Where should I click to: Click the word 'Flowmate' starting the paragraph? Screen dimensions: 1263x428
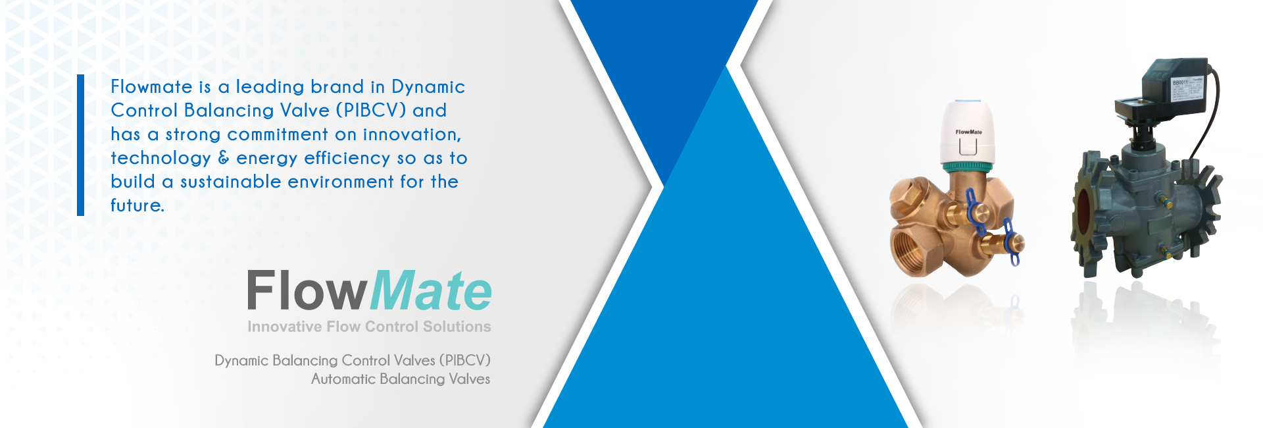(151, 87)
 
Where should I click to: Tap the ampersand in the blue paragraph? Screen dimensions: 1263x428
(224, 158)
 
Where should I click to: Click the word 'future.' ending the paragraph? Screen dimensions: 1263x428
(137, 205)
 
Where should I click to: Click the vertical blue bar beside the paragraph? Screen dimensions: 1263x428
(80, 145)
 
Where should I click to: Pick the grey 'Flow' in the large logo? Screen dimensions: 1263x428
(307, 290)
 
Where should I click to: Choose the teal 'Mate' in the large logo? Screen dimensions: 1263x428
(431, 290)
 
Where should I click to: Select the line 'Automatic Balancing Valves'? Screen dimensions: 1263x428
(401, 379)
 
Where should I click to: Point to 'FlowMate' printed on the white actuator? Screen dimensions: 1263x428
(968, 132)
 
